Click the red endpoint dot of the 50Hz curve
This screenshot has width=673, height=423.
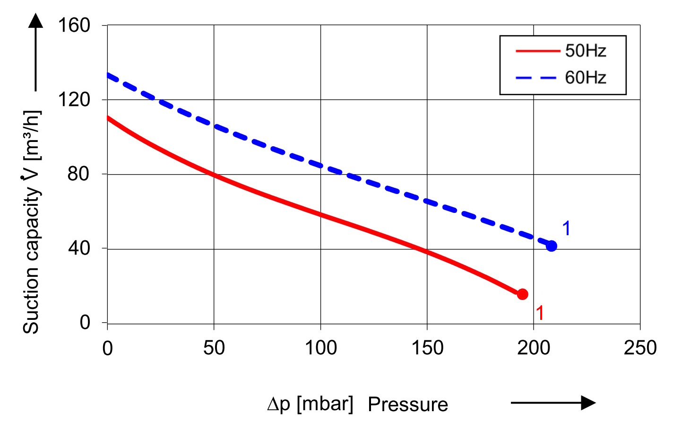click(522, 294)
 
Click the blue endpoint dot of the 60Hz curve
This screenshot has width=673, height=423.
click(551, 246)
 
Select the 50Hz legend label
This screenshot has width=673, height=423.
click(585, 51)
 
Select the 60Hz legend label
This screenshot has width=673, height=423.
click(585, 77)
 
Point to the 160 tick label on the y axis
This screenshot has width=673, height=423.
click(74, 25)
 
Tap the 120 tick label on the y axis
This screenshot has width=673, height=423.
click(74, 100)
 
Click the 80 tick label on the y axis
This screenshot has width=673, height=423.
click(78, 174)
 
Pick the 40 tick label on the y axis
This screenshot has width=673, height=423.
click(78, 248)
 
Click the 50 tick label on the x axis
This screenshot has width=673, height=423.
click(214, 348)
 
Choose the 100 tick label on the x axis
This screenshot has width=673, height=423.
click(320, 348)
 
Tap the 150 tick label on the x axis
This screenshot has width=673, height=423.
click(427, 348)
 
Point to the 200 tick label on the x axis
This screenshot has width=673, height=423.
click(534, 348)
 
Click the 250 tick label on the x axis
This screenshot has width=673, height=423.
click(640, 348)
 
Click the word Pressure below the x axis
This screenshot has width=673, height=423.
click(407, 405)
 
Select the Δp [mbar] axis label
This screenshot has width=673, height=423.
click(310, 404)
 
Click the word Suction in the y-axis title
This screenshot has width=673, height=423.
click(31, 307)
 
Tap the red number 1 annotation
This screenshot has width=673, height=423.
click(540, 313)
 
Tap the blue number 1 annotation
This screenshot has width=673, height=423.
click(566, 229)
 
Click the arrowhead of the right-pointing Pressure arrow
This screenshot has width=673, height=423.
click(588, 403)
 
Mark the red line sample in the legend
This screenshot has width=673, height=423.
click(537, 51)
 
